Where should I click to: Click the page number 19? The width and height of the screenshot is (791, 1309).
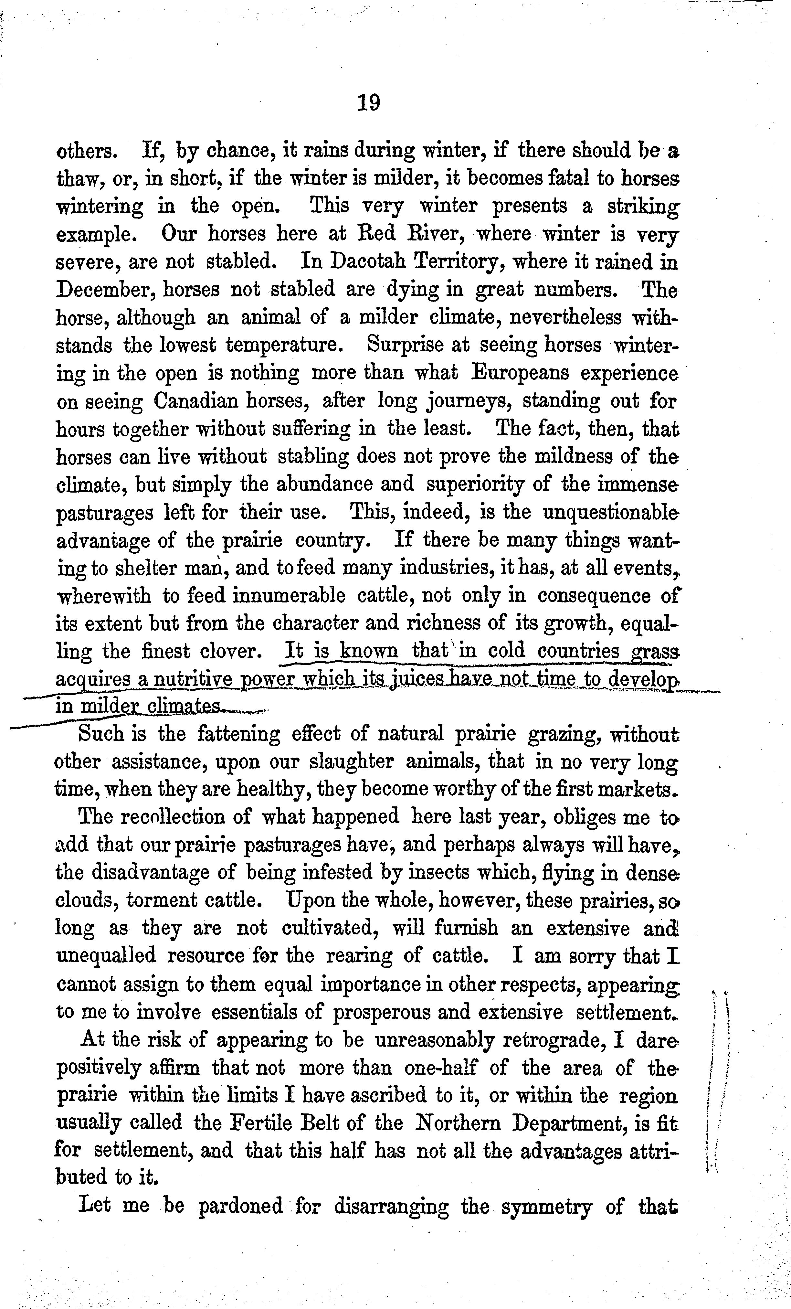point(369,102)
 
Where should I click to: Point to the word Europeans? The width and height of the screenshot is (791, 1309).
point(519,373)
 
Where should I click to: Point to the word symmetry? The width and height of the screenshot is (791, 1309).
point(547,1207)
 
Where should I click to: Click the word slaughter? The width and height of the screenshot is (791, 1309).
point(351,761)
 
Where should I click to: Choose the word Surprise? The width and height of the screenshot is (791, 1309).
point(403,345)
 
